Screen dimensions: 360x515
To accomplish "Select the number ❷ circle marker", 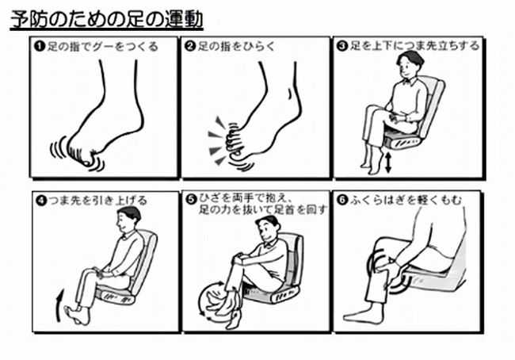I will coord(190,46).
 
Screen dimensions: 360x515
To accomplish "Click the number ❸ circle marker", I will coord(342,46).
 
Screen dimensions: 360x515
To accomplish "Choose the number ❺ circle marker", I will coord(190,199).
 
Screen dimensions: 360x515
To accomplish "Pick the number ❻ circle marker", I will coord(342,199).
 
